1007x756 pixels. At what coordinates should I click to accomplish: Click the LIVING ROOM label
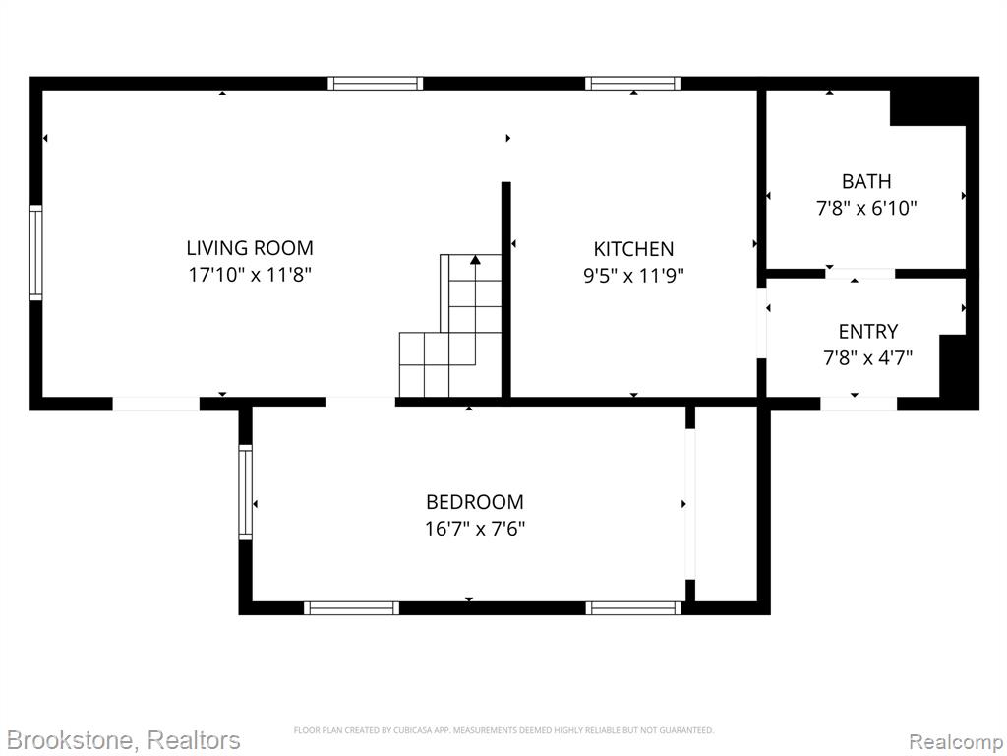click(250, 247)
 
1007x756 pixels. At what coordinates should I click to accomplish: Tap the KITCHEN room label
click(633, 249)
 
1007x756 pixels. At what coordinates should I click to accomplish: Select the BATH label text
click(866, 181)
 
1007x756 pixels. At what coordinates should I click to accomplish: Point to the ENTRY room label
click(867, 331)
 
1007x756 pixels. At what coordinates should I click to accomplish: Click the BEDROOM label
click(475, 501)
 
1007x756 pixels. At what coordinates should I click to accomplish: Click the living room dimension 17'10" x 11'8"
click(250, 275)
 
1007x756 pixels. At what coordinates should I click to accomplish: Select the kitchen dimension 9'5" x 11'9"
click(633, 276)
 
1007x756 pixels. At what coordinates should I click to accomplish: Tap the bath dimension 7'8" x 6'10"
click(866, 209)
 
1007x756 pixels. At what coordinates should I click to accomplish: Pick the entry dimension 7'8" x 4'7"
click(867, 357)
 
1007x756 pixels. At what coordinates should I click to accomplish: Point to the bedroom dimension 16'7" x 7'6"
click(475, 529)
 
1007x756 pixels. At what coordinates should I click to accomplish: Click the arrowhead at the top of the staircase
click(475, 260)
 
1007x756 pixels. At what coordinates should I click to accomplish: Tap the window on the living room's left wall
click(35, 253)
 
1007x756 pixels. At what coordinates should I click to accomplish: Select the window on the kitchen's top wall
click(632, 83)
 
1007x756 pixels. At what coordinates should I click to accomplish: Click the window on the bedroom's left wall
click(245, 492)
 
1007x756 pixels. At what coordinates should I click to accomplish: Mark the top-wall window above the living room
click(375, 83)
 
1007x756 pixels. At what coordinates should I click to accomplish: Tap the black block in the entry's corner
click(953, 366)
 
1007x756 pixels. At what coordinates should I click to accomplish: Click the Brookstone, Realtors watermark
click(123, 740)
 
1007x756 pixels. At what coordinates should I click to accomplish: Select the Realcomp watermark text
click(956, 741)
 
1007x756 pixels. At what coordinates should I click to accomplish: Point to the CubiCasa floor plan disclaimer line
click(503, 730)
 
